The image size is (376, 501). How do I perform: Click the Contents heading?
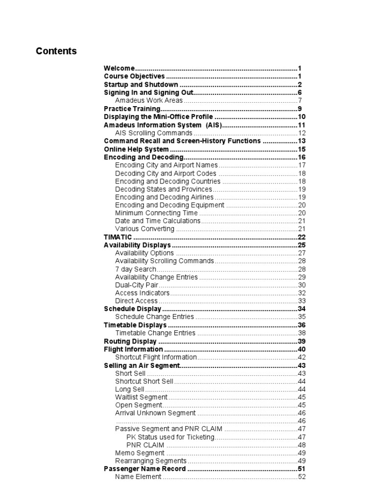[56, 51]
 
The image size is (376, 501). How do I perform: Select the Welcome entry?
[119, 68]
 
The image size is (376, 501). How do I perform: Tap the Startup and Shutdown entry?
[141, 85]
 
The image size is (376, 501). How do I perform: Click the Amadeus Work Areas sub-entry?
[149, 101]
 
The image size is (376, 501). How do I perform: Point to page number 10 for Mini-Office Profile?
[302, 117]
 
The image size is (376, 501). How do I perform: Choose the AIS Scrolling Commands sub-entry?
[154, 133]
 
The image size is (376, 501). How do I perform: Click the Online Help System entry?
[137, 149]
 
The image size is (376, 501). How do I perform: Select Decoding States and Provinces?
[164, 189]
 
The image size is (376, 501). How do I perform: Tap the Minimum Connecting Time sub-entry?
[156, 213]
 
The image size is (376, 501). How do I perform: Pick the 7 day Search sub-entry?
[136, 269]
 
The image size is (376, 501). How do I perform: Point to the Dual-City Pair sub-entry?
[137, 285]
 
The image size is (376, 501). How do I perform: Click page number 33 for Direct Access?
[302, 301]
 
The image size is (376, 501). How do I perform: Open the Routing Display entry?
[130, 342]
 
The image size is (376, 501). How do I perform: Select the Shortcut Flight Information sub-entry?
[156, 357]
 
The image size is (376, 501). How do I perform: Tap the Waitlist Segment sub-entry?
[141, 397]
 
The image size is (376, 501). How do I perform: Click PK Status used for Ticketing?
[170, 437]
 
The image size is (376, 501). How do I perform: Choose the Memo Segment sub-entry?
[140, 453]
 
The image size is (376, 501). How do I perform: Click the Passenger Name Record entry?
[145, 469]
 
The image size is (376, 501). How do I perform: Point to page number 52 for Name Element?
[302, 477]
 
